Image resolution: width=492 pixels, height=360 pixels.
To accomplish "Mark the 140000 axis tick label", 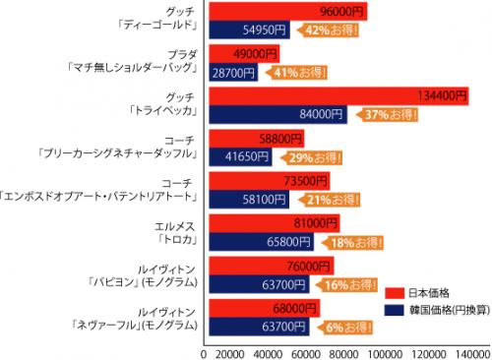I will pyautogui.click(x=469, y=351).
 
